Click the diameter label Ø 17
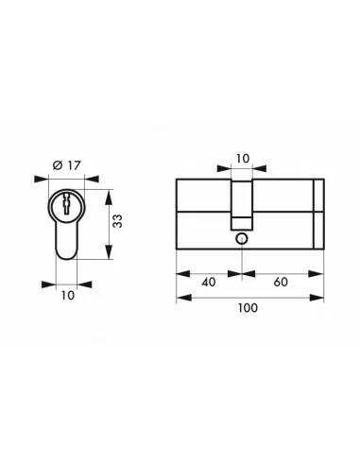pyautogui.click(x=66, y=165)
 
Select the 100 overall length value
pyautogui.click(x=249, y=309)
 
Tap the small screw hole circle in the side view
pyautogui.click(x=243, y=238)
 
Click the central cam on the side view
pyautogui.click(x=243, y=203)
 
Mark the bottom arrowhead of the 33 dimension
pyautogui.click(x=107, y=257)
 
